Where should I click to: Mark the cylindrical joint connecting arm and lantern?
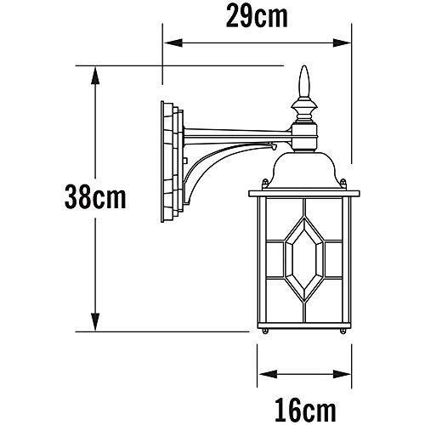coord(305,133)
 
